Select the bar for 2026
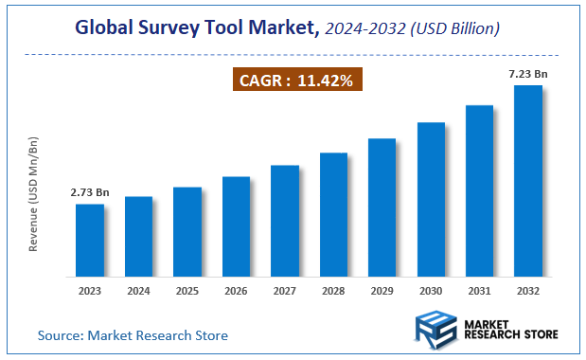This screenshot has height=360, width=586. pyautogui.click(x=236, y=226)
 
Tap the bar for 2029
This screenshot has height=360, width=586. pyautogui.click(x=382, y=207)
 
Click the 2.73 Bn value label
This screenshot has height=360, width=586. pyautogui.click(x=90, y=192)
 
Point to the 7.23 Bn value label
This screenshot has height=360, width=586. pyautogui.click(x=527, y=73)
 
